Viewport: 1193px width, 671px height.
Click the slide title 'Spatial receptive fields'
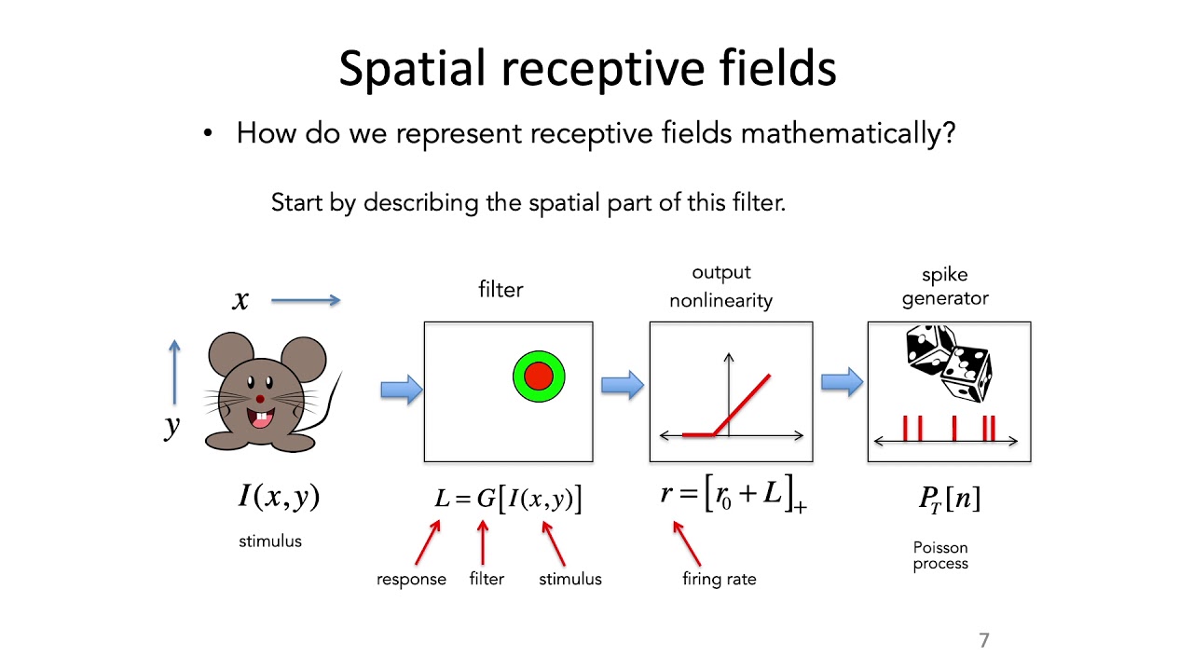[x=587, y=69]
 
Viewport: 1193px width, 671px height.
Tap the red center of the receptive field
[x=539, y=377]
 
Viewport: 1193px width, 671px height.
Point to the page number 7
[x=983, y=640]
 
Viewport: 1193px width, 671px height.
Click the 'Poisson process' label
[x=940, y=555]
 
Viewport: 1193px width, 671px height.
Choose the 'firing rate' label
[x=719, y=580]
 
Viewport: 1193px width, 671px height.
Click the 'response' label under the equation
[x=411, y=580]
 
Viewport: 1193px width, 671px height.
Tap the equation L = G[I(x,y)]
[x=508, y=499]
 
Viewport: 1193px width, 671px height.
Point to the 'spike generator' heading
[x=945, y=286]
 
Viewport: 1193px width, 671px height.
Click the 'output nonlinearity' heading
[x=720, y=286]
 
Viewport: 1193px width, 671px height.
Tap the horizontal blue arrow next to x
[x=306, y=300]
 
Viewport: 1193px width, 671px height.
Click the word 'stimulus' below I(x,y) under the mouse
[x=270, y=541]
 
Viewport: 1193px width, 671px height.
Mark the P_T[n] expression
[x=949, y=500]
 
